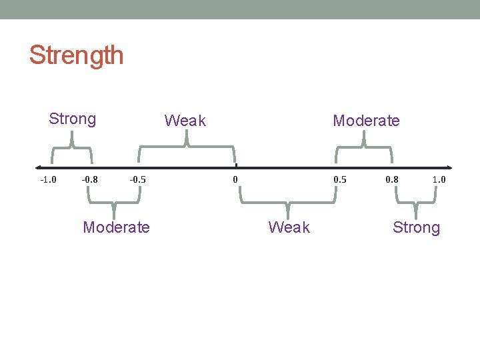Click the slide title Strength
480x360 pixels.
tap(76, 55)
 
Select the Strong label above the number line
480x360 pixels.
tap(72, 119)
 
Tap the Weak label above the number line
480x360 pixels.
tap(185, 121)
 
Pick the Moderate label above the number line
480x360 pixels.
tap(366, 121)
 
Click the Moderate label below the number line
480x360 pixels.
tap(116, 227)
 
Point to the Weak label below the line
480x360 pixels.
tap(289, 227)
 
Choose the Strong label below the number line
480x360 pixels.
tap(416, 227)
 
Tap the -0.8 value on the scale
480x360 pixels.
tap(89, 179)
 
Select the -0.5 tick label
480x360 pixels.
tap(137, 179)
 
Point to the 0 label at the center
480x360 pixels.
tap(235, 179)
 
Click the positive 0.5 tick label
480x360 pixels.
tap(340, 179)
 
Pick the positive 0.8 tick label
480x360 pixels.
tap(393, 179)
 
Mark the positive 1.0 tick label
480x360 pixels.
tap(439, 179)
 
